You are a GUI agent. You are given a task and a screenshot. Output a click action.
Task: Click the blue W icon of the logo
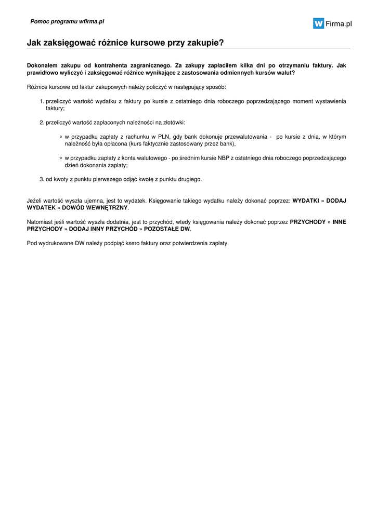(318, 23)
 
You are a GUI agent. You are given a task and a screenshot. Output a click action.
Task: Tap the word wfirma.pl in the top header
(92, 21)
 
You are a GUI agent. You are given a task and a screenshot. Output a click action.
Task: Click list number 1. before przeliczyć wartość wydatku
(42, 101)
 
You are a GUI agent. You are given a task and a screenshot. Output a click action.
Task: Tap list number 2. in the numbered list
(42, 123)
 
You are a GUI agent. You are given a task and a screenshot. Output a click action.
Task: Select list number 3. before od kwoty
(42, 179)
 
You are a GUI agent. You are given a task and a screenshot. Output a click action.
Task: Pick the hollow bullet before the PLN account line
(61, 137)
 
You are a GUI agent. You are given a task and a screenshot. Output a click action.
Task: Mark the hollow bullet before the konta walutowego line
(61, 158)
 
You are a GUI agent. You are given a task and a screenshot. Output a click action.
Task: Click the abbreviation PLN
(165, 137)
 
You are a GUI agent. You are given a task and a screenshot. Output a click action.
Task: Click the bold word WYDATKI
(306, 200)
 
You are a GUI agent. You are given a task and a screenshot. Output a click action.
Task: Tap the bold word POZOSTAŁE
(162, 229)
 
